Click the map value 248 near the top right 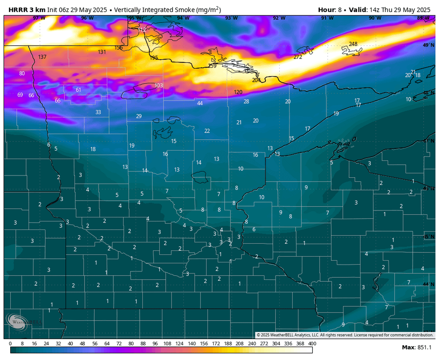(353, 44)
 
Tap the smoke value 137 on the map (42, 57)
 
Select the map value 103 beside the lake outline (159, 86)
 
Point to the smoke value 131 (102, 52)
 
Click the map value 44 (200, 103)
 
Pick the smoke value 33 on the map (98, 112)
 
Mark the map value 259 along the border (212, 66)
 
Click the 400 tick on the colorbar (312, 344)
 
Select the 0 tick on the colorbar (10, 344)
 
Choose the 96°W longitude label (87, 18)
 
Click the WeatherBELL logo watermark (23, 321)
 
